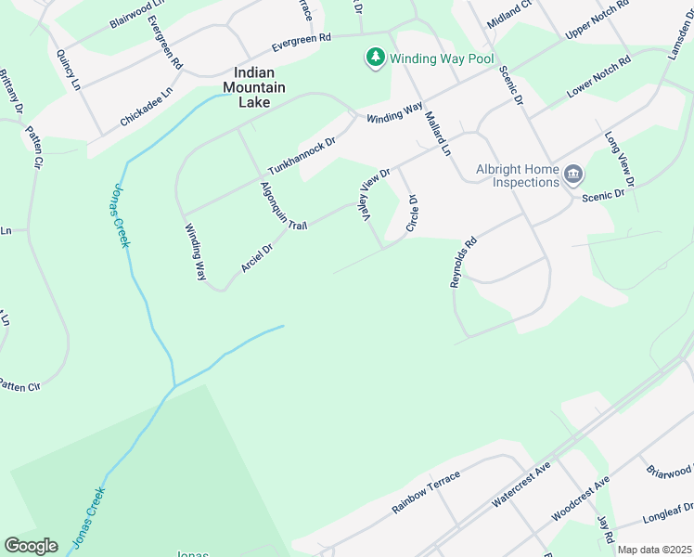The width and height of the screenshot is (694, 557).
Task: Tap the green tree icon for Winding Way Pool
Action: click(375, 58)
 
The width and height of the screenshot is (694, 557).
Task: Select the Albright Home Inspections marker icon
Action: click(573, 174)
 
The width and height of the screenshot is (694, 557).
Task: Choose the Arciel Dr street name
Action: click(257, 257)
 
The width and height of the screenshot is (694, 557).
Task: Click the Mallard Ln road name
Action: click(438, 134)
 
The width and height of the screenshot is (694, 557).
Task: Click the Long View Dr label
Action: click(619, 158)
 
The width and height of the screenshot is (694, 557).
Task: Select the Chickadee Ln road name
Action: click(147, 108)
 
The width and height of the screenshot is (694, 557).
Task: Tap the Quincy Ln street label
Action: click(70, 71)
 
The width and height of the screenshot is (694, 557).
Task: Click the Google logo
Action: click(31, 546)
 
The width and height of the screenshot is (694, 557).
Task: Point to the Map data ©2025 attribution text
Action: click(654, 550)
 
